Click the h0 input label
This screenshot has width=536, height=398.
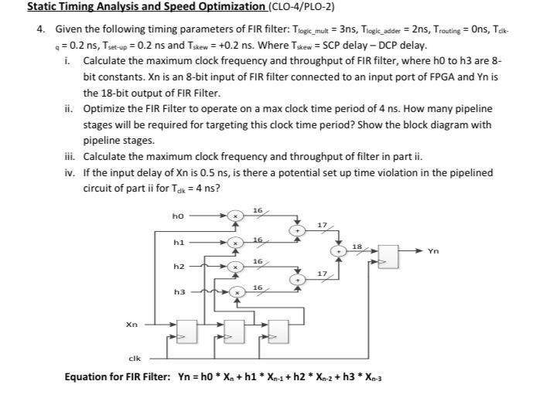click(177, 216)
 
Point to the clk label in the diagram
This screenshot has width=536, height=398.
click(133, 358)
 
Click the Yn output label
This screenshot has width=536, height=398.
click(433, 250)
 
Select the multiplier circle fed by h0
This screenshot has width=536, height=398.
click(240, 216)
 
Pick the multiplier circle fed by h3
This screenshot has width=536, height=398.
click(240, 292)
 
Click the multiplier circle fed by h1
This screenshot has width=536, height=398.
click(240, 242)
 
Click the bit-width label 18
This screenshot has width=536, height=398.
click(357, 246)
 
